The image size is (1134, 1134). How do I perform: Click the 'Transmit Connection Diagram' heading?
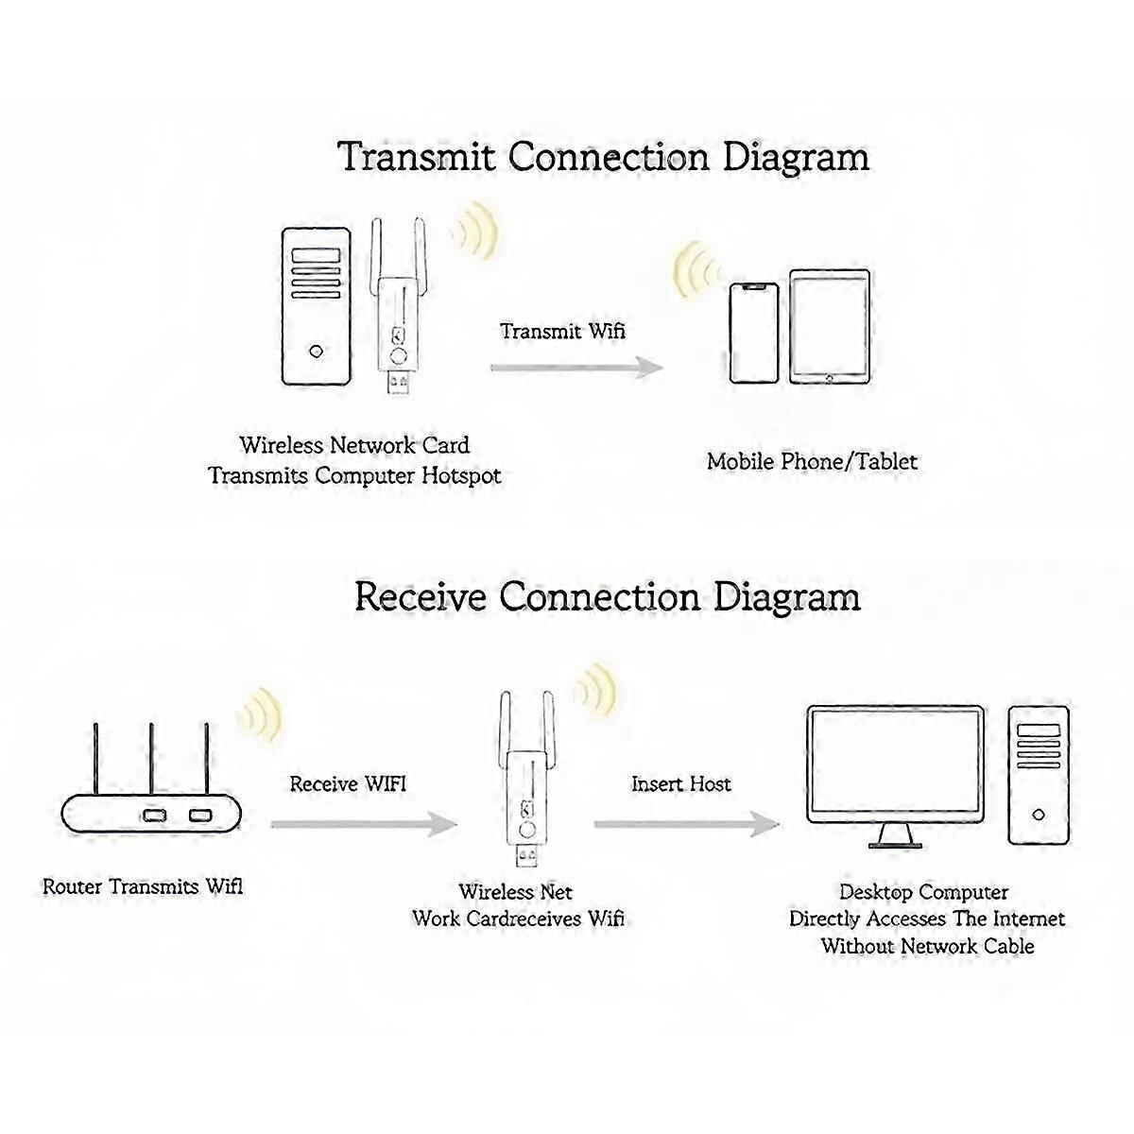tap(604, 157)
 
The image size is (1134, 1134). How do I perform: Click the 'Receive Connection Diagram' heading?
tap(608, 597)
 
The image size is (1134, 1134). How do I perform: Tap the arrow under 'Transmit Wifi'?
tap(576, 368)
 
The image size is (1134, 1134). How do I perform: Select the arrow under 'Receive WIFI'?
tap(364, 824)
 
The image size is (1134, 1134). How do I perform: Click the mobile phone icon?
tap(754, 333)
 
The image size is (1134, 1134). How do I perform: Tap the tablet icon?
tap(830, 327)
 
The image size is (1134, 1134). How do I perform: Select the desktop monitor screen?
tap(895, 762)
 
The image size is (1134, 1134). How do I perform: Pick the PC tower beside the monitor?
tap(1039, 774)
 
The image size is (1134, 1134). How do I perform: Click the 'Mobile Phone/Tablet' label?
tap(812, 461)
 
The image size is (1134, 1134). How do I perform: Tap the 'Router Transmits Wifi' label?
tap(143, 886)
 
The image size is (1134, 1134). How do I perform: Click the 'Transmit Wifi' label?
tap(562, 331)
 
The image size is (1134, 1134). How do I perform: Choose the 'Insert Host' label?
tap(680, 783)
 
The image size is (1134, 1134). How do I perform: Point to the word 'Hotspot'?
tap(460, 475)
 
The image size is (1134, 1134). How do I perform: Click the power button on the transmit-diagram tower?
tap(316, 352)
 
